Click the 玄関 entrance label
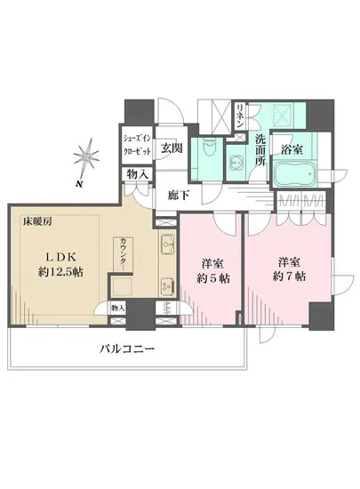coord(170,148)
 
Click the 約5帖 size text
coord(209,277)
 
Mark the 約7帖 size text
coord(290,277)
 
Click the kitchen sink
coord(167,243)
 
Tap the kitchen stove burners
coord(166,285)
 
